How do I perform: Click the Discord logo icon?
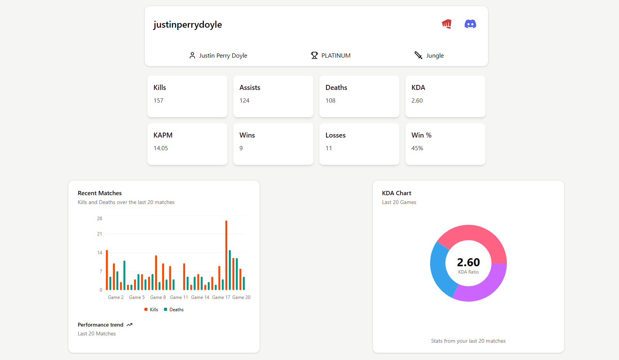point(470,24)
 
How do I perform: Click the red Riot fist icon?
point(447,24)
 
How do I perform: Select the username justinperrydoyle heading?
point(187,25)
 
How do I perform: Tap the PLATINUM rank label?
point(336,56)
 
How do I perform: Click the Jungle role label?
point(435,56)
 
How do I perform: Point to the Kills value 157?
point(158,101)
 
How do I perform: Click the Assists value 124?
point(244,101)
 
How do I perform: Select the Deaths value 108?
point(330,101)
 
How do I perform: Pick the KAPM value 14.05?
point(161,148)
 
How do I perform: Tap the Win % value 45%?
point(417,148)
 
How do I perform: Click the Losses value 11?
point(329,148)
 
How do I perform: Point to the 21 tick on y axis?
point(99,234)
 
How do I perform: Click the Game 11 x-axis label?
point(179,297)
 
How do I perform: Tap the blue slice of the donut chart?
point(439,269)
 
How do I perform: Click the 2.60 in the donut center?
point(468,262)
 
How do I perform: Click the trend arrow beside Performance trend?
point(129,325)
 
